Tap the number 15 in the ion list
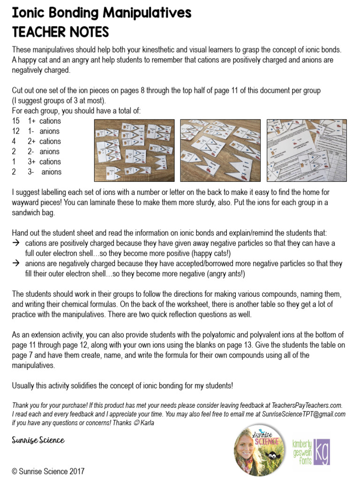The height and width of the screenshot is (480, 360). pyautogui.click(x=16, y=121)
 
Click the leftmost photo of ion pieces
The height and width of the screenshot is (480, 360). pyautogui.click(x=134, y=150)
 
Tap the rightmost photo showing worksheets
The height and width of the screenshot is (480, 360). pyautogui.click(x=307, y=150)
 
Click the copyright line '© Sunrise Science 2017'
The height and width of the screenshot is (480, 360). pyautogui.click(x=48, y=471)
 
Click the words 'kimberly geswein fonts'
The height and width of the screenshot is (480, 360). pyautogui.click(x=300, y=452)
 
